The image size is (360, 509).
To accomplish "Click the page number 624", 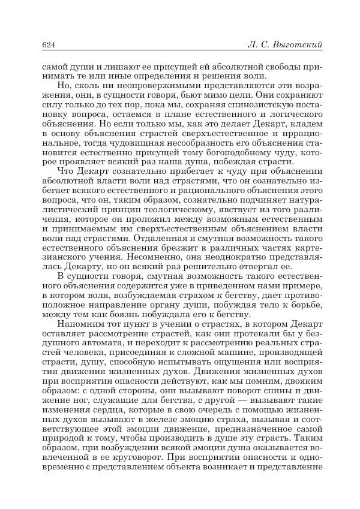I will point(49,45).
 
